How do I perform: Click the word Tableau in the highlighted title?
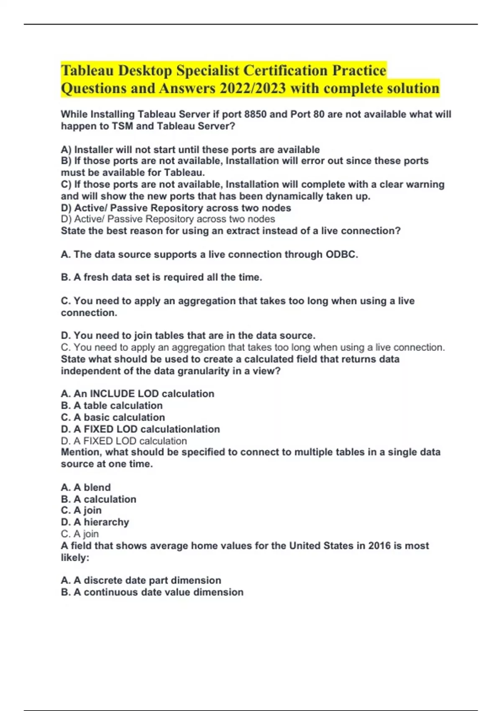[87, 70]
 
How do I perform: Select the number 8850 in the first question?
[255, 114]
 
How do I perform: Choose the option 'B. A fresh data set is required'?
[161, 277]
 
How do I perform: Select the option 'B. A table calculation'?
[112, 405]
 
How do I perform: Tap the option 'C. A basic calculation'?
[113, 417]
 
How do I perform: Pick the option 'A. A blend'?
[86, 487]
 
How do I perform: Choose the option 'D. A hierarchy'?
[95, 522]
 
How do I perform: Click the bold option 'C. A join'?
[81, 510]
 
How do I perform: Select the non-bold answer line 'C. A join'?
[80, 534]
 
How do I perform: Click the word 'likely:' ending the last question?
[75, 558]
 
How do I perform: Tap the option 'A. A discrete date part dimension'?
[141, 580]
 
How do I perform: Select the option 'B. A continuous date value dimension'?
[152, 592]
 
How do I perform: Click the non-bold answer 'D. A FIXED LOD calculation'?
[124, 441]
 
